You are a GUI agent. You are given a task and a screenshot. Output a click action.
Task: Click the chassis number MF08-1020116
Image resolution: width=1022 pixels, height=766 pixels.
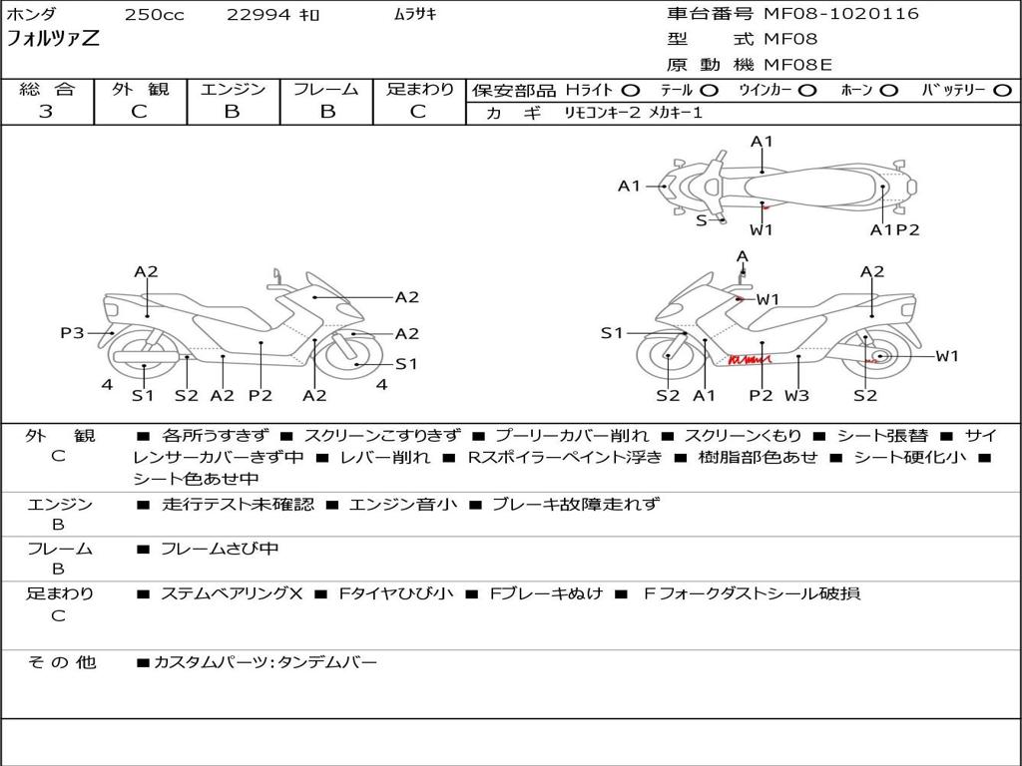pyautogui.click(x=840, y=14)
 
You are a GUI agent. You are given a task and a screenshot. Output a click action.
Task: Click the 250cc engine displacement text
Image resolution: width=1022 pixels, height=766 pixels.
pyautogui.click(x=155, y=14)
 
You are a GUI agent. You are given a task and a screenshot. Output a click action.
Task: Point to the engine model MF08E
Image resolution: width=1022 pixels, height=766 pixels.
pyautogui.click(x=797, y=65)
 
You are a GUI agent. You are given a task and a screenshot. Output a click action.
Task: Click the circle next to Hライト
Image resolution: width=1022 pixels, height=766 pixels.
pyautogui.click(x=631, y=91)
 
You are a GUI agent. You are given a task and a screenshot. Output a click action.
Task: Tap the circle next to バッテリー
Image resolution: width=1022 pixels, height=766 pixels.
pyautogui.click(x=1002, y=91)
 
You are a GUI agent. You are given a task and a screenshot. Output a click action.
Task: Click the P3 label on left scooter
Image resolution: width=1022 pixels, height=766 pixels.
pyautogui.click(x=72, y=333)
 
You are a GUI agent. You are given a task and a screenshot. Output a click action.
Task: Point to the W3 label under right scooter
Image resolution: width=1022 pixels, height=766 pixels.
pyautogui.click(x=796, y=395)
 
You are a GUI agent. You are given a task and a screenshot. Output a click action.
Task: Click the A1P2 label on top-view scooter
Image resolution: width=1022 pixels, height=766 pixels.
pyautogui.click(x=895, y=230)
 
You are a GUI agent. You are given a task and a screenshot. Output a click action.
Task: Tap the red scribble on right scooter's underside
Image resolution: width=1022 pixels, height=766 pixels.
pyautogui.click(x=750, y=359)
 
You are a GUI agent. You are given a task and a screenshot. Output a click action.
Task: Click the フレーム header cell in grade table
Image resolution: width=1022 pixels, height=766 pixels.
pyautogui.click(x=326, y=89)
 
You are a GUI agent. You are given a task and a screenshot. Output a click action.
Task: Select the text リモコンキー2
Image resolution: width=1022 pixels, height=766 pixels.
pyautogui.click(x=602, y=113)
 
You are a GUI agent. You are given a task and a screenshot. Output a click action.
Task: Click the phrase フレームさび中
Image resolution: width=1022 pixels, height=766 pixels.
pyautogui.click(x=220, y=550)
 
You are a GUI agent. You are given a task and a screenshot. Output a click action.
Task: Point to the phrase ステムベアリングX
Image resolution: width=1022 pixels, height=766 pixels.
pyautogui.click(x=232, y=593)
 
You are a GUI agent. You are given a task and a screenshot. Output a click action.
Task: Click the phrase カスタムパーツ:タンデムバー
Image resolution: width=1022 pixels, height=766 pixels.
pyautogui.click(x=265, y=663)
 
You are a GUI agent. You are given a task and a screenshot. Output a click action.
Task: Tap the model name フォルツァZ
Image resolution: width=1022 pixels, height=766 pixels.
pyautogui.click(x=53, y=39)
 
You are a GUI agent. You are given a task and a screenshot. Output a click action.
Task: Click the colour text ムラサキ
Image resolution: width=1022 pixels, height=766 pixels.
pyautogui.click(x=415, y=14)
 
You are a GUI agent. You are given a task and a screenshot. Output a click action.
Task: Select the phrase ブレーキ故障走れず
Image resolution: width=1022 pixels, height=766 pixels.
pyautogui.click(x=576, y=504)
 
